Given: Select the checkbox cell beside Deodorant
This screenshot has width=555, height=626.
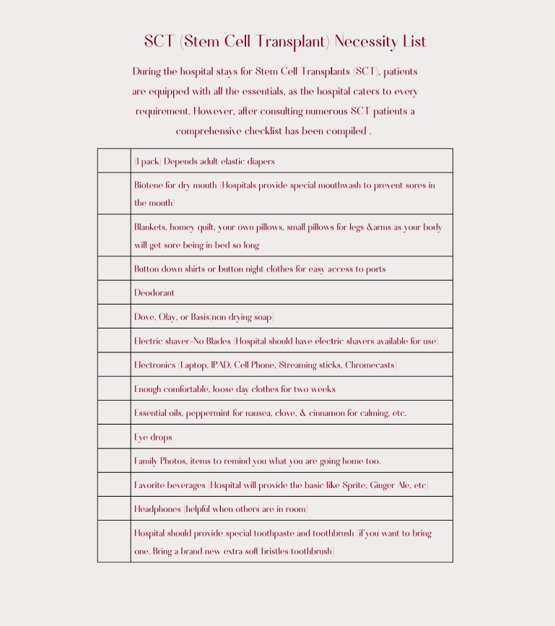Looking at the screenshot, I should coord(114,292).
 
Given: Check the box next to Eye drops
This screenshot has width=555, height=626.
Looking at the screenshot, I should coord(114,437).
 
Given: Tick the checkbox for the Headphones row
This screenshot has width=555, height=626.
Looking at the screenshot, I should coord(114,508).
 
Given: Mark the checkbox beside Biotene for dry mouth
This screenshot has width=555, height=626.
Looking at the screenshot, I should coord(114,194).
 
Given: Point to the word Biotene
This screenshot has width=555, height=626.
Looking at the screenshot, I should coord(149,186).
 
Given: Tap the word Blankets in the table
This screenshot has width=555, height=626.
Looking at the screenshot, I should coord(150,227).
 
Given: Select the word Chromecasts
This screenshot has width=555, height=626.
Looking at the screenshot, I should coord(370,365).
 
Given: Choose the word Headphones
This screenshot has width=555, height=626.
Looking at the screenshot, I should coord(157,509).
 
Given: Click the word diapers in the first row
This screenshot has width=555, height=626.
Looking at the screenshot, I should coord(260,162).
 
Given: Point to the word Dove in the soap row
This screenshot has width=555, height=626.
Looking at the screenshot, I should coord(144,317).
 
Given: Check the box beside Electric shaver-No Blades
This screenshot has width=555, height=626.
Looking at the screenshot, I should coord(114,341).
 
